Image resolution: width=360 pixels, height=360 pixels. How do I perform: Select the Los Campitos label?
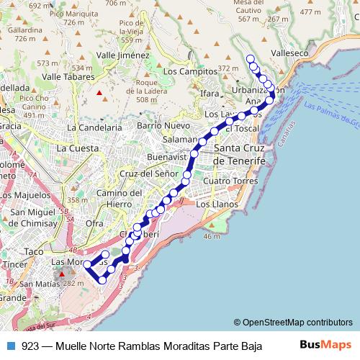click(x=190, y=71)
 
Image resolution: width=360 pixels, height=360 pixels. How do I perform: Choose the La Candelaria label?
click(x=94, y=127)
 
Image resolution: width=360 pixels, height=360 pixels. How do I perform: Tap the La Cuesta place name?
click(x=77, y=148)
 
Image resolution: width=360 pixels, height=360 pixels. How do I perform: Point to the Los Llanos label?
click(x=217, y=204)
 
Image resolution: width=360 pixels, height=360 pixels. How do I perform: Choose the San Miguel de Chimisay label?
click(x=39, y=217)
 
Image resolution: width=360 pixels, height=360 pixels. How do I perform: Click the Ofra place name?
click(x=94, y=223)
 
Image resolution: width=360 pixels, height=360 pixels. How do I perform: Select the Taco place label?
click(x=34, y=251)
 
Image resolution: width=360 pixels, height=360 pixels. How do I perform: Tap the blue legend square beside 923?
click(x=10, y=346)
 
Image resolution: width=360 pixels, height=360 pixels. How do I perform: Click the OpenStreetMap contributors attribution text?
click(x=293, y=323)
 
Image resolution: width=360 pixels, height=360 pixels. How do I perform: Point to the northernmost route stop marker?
click(x=251, y=58)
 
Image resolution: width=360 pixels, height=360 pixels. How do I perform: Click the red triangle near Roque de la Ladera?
click(x=99, y=92)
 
